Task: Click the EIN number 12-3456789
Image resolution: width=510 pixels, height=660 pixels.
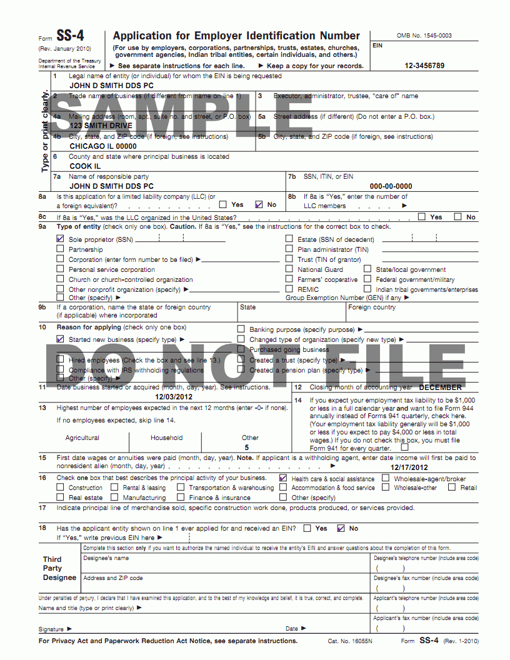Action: [x=424, y=66]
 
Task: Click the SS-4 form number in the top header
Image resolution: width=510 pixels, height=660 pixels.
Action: [x=70, y=36]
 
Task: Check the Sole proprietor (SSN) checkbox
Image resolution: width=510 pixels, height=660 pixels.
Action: [x=60, y=239]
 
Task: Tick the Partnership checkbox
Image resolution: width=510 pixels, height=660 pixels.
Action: [x=60, y=249]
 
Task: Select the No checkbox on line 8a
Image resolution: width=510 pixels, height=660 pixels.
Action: [x=259, y=204]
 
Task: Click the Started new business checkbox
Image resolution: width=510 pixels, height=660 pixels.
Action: [x=60, y=339]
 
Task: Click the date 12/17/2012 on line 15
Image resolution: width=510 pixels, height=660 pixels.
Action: [x=409, y=467]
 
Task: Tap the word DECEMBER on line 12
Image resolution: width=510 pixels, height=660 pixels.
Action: [x=445, y=387]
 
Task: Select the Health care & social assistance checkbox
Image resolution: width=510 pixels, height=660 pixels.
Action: [x=284, y=478]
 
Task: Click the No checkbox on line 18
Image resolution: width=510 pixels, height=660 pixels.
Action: [x=341, y=528]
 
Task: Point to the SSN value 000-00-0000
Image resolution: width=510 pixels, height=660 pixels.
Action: [x=391, y=186]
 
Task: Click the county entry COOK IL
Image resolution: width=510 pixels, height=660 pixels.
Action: [x=85, y=166]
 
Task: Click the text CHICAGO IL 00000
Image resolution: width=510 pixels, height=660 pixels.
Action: [x=102, y=146]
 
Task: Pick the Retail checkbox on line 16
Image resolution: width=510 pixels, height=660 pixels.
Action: [x=452, y=487]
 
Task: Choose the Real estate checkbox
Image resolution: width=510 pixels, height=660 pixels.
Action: [x=60, y=497]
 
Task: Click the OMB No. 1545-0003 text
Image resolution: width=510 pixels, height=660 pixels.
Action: [x=424, y=36]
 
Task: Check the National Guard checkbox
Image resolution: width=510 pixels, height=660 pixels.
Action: [x=289, y=269]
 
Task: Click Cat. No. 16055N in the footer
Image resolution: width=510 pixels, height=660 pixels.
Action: [x=350, y=641]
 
